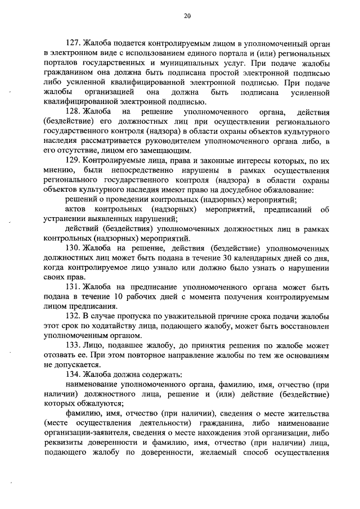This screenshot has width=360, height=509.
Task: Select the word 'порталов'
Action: (x=60, y=63)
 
